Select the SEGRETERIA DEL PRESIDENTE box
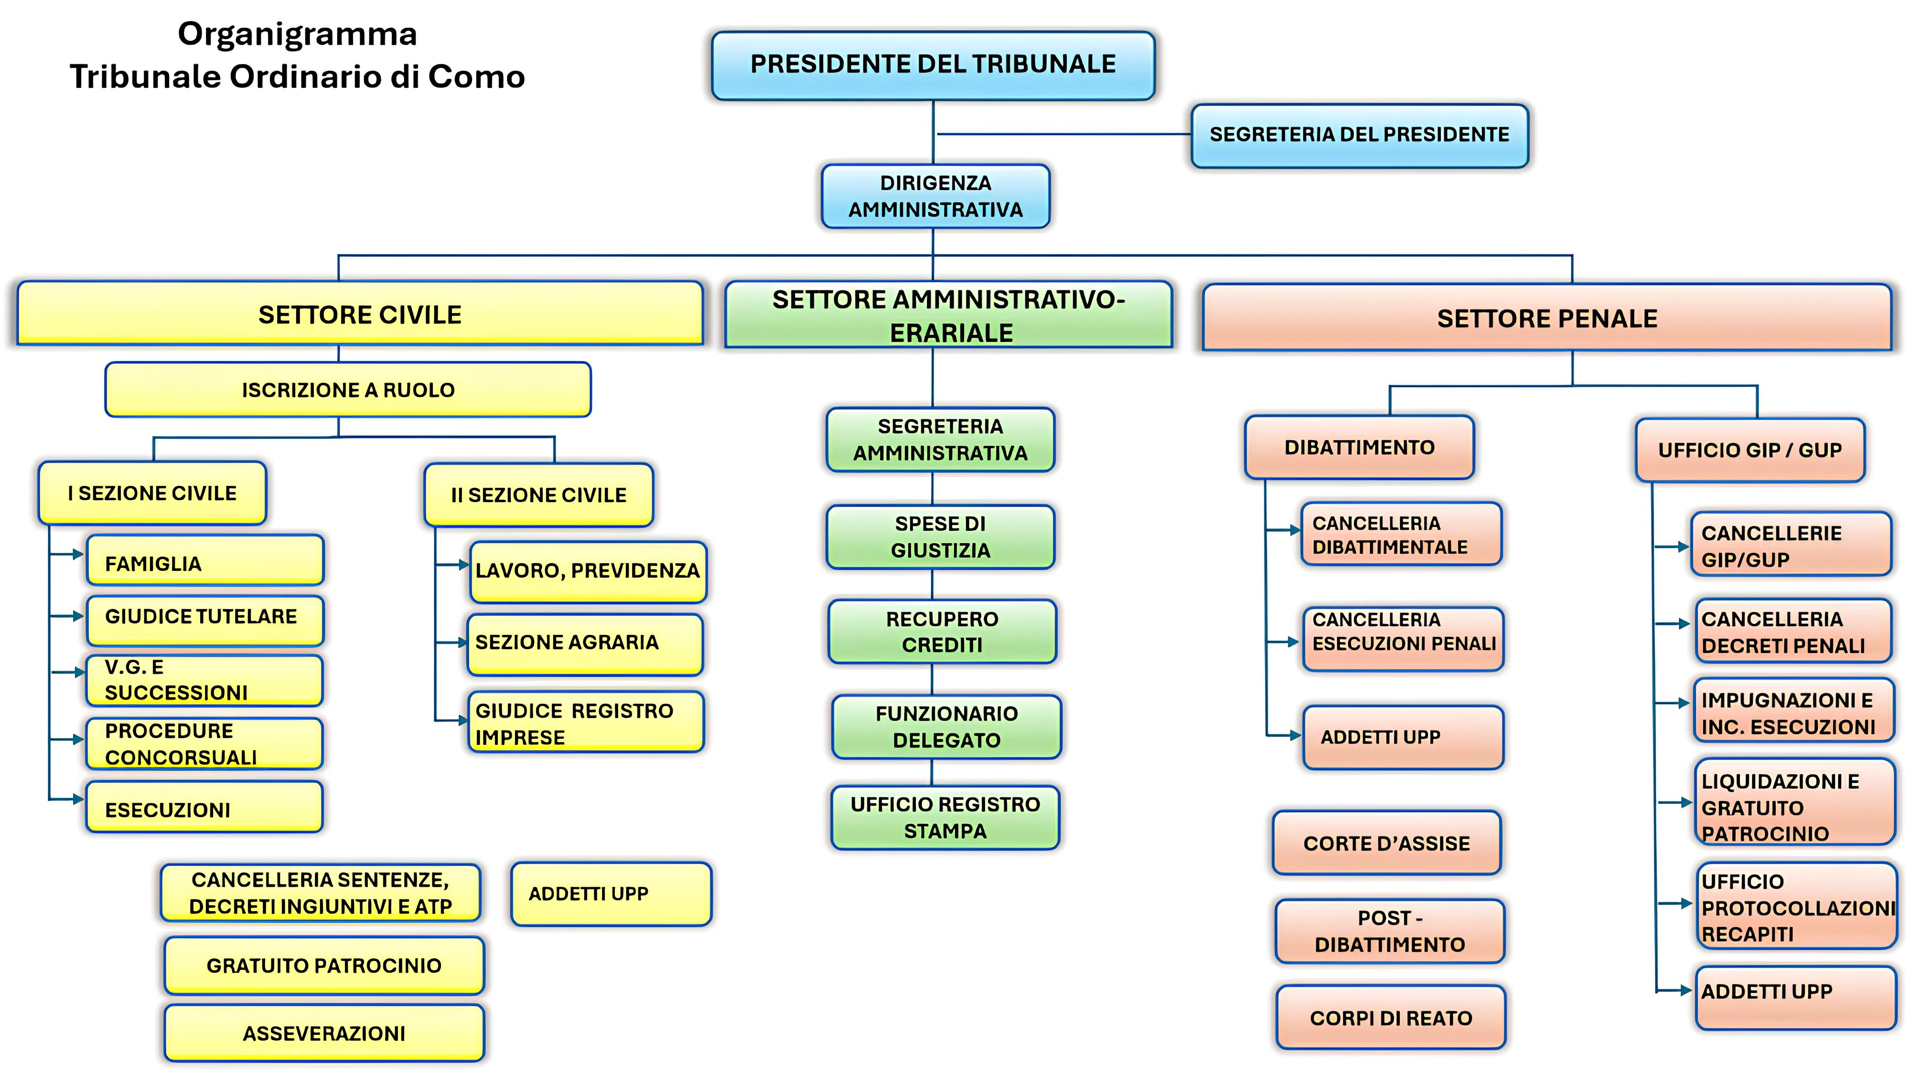click(1359, 135)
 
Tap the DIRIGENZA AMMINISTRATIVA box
click(935, 196)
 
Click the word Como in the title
click(476, 76)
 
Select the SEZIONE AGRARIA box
click(585, 643)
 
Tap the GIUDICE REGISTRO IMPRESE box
click(585, 723)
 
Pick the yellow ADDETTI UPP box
click(611, 894)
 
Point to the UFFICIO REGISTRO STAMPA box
click(945, 817)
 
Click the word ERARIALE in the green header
click(951, 333)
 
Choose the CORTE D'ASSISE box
click(1386, 843)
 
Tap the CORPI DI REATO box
click(1390, 1018)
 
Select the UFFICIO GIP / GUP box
click(1749, 450)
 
